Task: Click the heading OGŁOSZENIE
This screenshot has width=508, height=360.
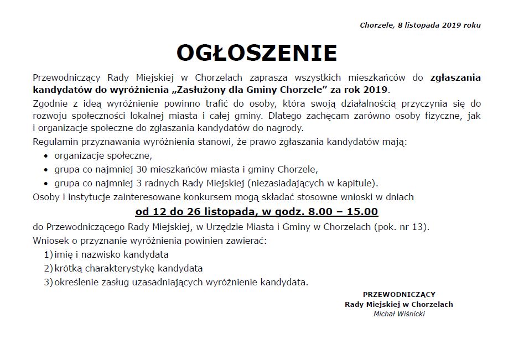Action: coord(256,53)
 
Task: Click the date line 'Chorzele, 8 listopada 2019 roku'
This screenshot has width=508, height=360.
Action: coord(420,25)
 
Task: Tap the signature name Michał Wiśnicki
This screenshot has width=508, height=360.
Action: coord(399,314)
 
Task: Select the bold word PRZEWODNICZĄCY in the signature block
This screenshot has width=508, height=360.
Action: coord(399,294)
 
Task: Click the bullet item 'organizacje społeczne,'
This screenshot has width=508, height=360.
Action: coord(102,155)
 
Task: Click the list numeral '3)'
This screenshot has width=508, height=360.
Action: coord(48,282)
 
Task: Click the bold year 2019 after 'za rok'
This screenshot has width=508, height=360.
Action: coord(377,90)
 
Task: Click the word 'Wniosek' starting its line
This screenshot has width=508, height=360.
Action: coord(50,241)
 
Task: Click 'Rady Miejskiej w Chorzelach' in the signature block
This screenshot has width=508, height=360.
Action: coord(399,304)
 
